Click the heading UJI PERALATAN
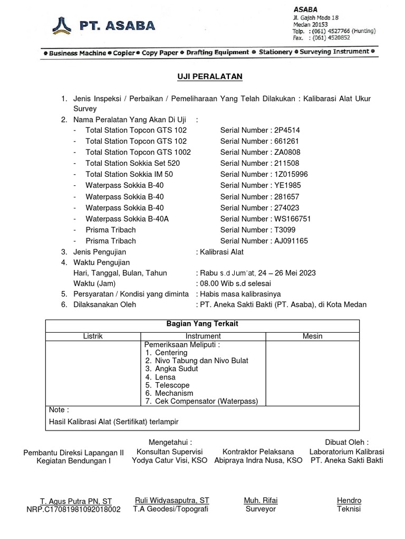209,77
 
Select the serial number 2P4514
287,129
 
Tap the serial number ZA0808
288,152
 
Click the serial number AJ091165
291,241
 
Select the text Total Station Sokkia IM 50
129,174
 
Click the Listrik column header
94,336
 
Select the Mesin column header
312,336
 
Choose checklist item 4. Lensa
160,377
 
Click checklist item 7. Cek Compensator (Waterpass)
201,402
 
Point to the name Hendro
349,500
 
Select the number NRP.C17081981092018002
73,510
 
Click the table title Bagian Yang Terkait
202,324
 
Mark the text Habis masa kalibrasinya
240,294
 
